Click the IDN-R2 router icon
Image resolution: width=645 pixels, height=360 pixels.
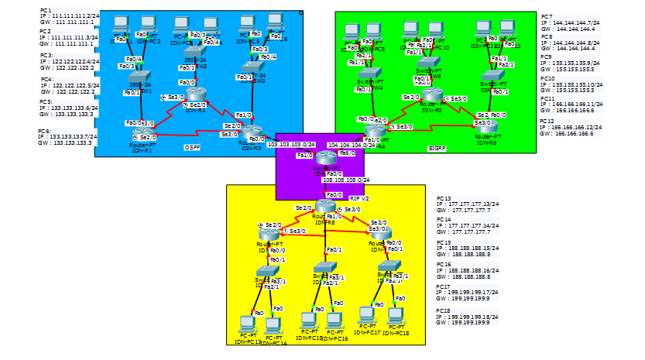click(194, 94)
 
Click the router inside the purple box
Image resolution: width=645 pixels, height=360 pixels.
click(325, 159)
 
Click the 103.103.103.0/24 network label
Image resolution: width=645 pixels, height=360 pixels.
click(290, 144)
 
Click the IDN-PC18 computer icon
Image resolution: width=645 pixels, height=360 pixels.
click(395, 315)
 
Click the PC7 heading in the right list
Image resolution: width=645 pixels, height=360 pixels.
click(547, 16)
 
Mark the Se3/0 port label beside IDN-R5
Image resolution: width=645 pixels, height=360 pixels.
click(458, 99)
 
